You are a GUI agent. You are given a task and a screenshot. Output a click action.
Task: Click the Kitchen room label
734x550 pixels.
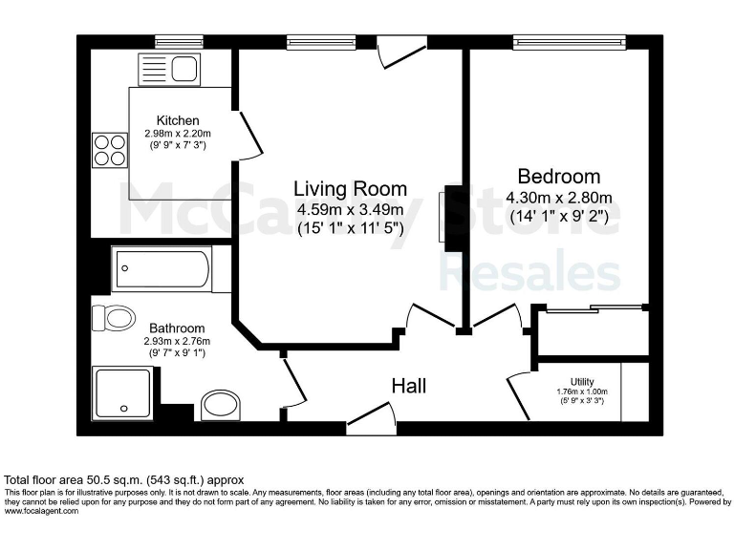click(x=179, y=120)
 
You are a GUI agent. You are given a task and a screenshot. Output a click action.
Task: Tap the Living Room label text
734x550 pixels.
click(x=350, y=189)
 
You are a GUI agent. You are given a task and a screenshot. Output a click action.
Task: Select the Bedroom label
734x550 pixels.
click(x=559, y=177)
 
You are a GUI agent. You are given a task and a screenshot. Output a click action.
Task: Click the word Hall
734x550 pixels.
click(x=409, y=386)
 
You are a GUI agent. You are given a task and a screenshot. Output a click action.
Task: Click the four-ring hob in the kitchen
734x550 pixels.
click(x=110, y=150)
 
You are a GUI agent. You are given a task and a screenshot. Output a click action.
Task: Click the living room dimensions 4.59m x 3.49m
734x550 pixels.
click(x=350, y=209)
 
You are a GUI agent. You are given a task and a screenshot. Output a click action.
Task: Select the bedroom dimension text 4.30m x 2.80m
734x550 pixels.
click(x=559, y=198)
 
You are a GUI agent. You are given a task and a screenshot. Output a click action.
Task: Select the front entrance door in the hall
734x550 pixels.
click(x=371, y=416)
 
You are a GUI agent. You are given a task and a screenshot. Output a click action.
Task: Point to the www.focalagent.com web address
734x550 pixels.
click(x=42, y=511)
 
